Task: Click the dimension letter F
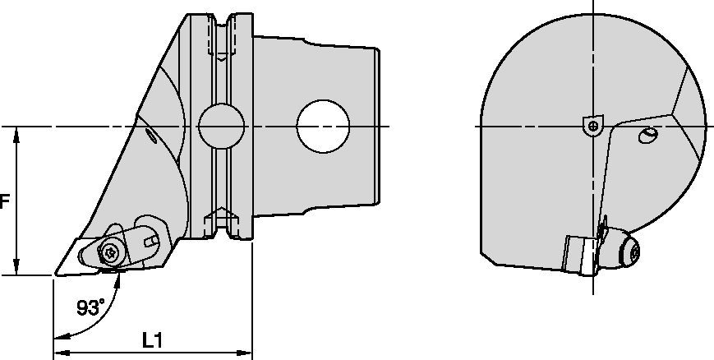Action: click(x=4, y=201)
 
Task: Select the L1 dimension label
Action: click(x=152, y=339)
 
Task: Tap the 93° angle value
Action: click(x=90, y=307)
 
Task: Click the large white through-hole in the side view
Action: click(x=323, y=126)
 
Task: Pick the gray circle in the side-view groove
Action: click(x=221, y=127)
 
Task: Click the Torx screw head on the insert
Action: click(x=110, y=252)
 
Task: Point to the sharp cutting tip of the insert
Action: click(x=55, y=274)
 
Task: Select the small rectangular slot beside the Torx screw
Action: click(x=151, y=240)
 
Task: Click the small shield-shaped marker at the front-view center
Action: click(x=592, y=125)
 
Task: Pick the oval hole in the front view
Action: click(x=648, y=135)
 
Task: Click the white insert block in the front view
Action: click(x=580, y=254)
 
